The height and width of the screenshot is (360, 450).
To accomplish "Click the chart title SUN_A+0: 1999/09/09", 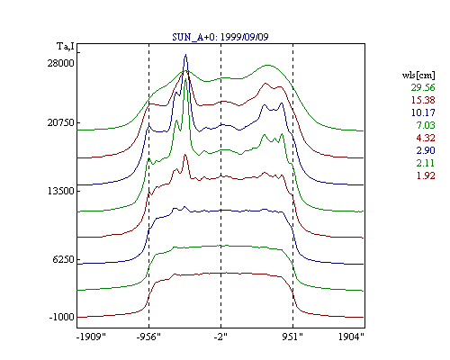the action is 220,37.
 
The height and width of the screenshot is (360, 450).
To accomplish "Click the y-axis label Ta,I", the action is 66,47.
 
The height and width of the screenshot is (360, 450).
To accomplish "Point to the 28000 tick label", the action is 60,63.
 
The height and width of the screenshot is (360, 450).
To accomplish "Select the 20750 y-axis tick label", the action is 60,122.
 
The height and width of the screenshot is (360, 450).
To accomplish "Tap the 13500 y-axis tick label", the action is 60,191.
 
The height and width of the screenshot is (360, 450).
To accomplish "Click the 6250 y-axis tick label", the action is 63,259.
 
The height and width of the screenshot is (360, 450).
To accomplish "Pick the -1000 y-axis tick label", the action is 61,317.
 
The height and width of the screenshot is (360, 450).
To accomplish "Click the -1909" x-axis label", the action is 91,337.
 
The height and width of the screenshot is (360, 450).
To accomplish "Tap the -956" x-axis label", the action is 148,337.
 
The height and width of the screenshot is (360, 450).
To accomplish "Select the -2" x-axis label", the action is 220,337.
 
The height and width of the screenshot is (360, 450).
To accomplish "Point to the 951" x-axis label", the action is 292,337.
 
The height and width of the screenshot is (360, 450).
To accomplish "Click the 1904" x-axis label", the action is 351,337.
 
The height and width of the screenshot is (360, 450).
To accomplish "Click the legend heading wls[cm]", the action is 418,75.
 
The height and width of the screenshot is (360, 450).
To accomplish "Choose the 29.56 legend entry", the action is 423,87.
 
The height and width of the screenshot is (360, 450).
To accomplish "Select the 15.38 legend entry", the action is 423,100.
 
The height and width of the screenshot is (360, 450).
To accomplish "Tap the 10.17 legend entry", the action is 423,112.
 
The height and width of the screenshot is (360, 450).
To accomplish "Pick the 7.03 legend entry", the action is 426,125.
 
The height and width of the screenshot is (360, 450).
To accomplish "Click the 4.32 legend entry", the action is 426,138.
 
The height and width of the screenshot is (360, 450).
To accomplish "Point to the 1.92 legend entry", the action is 426,175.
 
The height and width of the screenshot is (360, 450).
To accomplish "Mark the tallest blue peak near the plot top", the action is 186,55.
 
